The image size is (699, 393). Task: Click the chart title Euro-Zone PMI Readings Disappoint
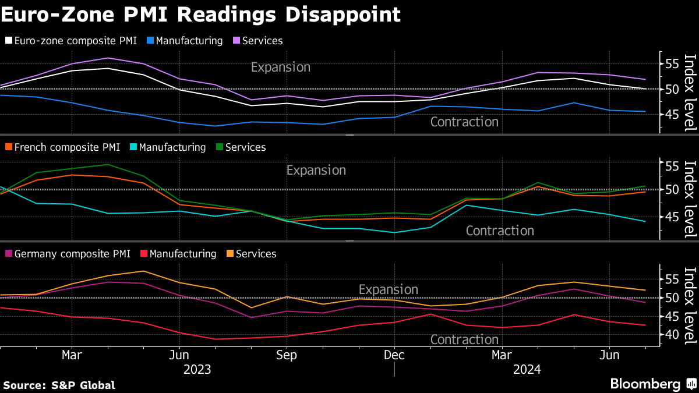200,14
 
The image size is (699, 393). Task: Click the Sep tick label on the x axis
286,355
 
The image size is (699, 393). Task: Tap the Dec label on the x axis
394,355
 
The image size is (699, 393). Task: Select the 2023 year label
197,369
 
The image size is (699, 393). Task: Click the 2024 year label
527,369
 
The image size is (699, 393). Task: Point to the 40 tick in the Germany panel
671,335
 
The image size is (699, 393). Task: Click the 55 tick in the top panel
671,63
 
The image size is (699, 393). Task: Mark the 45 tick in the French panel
671,217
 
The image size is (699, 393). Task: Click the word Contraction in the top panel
464,122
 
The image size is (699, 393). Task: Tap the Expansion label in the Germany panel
389,289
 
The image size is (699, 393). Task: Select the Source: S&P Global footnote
59,385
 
